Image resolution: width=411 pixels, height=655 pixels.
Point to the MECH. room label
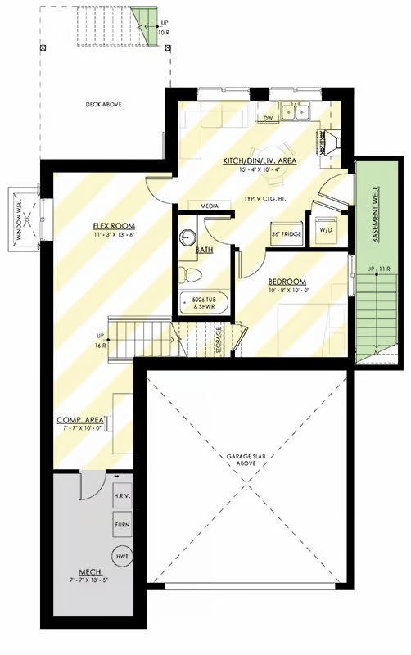coord(89,571)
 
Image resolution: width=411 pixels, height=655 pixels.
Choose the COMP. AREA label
coord(79,420)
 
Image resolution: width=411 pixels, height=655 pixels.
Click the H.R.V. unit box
coord(121,497)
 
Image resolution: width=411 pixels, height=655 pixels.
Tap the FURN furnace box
coord(121,524)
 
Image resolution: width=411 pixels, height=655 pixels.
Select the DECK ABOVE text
coord(104,105)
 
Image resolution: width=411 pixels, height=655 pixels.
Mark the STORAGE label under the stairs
coord(219,340)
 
